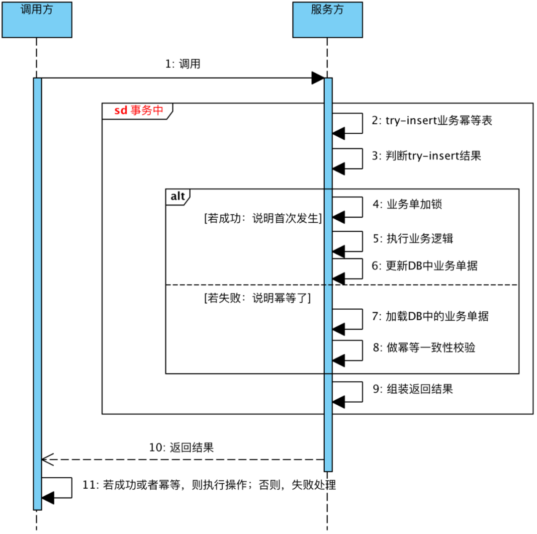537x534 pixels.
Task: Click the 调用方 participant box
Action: [x=37, y=20]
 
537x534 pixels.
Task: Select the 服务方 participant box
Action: [x=327, y=20]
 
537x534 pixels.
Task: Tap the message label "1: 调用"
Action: [x=183, y=64]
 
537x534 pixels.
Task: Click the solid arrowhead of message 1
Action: [x=317, y=78]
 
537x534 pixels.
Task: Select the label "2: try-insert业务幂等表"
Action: [x=432, y=120]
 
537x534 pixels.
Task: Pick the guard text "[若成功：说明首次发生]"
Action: [x=262, y=218]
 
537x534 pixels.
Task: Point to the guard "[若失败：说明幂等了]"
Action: [x=257, y=298]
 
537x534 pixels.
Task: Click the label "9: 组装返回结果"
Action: [x=420, y=389]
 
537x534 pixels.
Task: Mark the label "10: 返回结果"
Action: [x=181, y=447]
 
